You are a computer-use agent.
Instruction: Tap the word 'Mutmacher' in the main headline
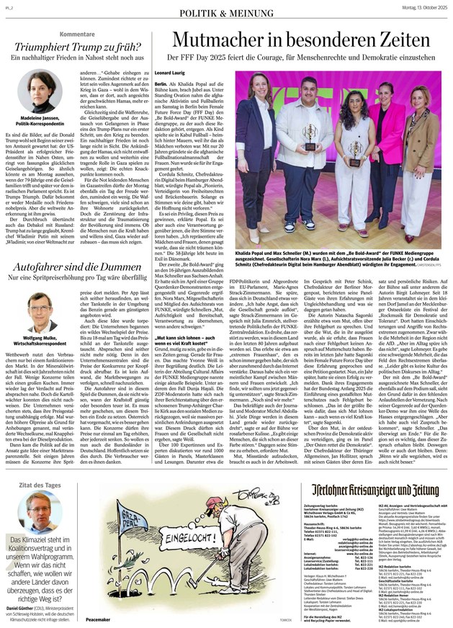216,40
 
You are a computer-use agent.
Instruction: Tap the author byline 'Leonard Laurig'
171,73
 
